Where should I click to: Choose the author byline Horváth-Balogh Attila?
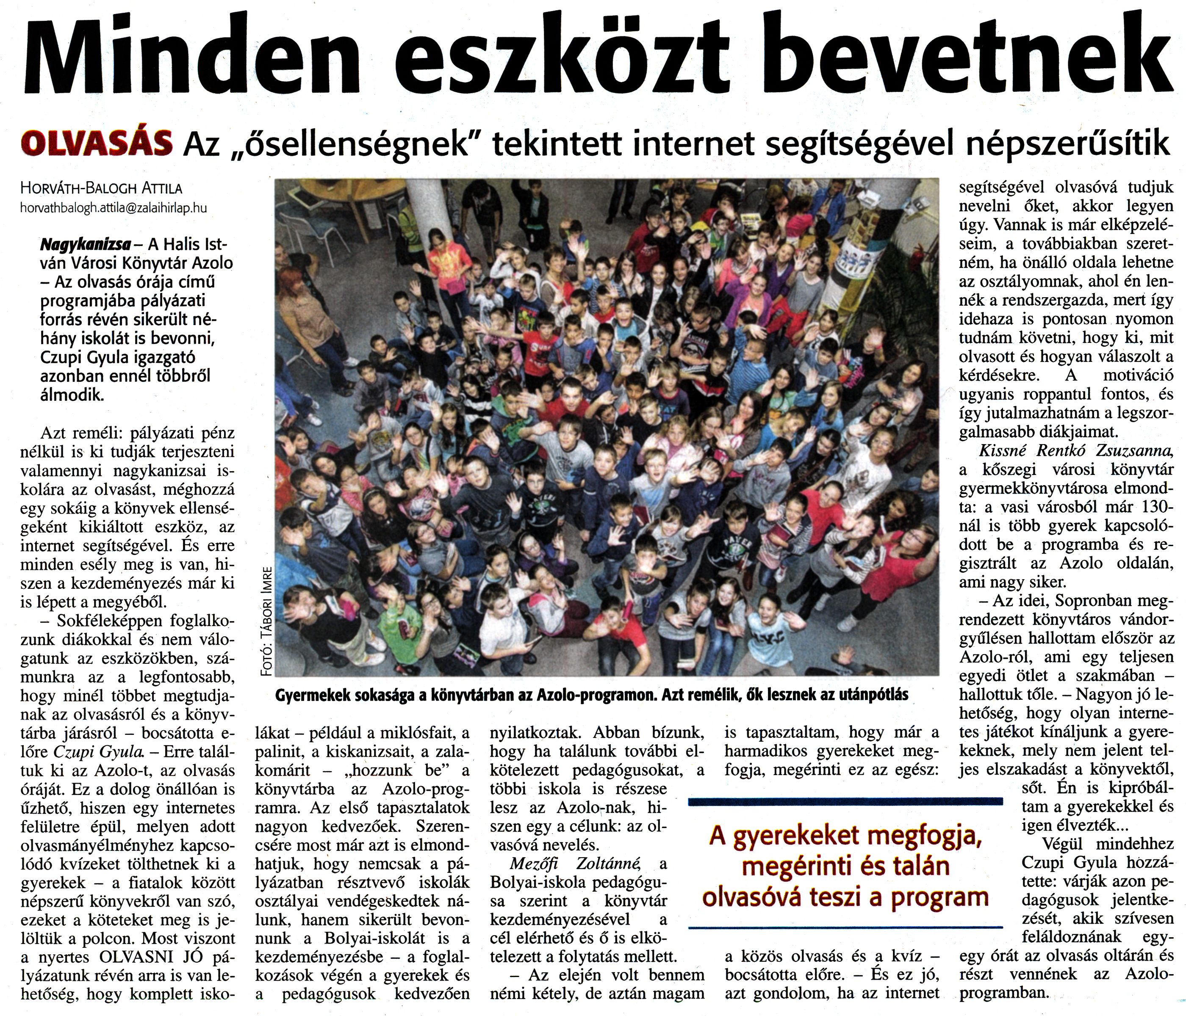point(100,188)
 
